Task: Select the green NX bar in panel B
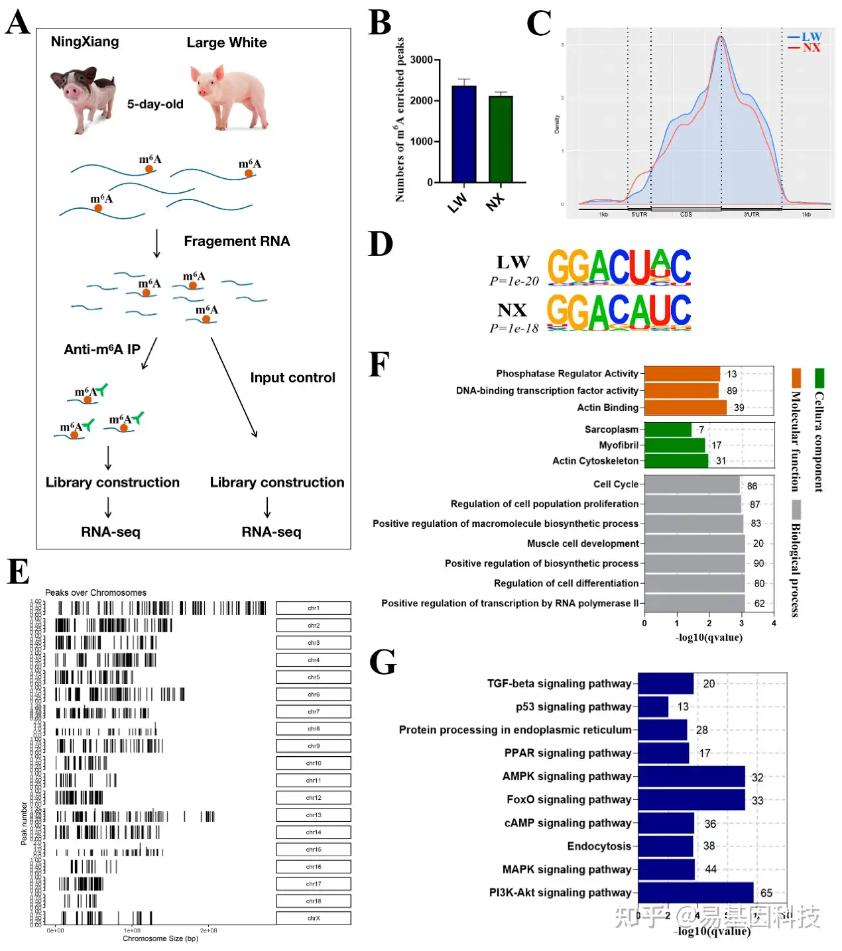(501, 139)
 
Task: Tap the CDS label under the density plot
(686, 215)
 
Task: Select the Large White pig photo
(229, 97)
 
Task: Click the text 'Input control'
(292, 378)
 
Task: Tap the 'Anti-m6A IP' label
(102, 349)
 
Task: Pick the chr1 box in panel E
(313, 608)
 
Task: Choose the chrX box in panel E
(313, 918)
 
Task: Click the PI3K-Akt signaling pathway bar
(695, 893)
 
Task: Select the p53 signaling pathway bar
(653, 706)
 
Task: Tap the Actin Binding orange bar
(685, 408)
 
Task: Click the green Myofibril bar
(674, 445)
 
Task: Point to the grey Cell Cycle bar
(692, 484)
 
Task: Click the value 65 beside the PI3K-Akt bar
(766, 893)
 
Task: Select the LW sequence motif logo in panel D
(619, 268)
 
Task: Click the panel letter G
(383, 662)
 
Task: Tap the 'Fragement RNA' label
(237, 241)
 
